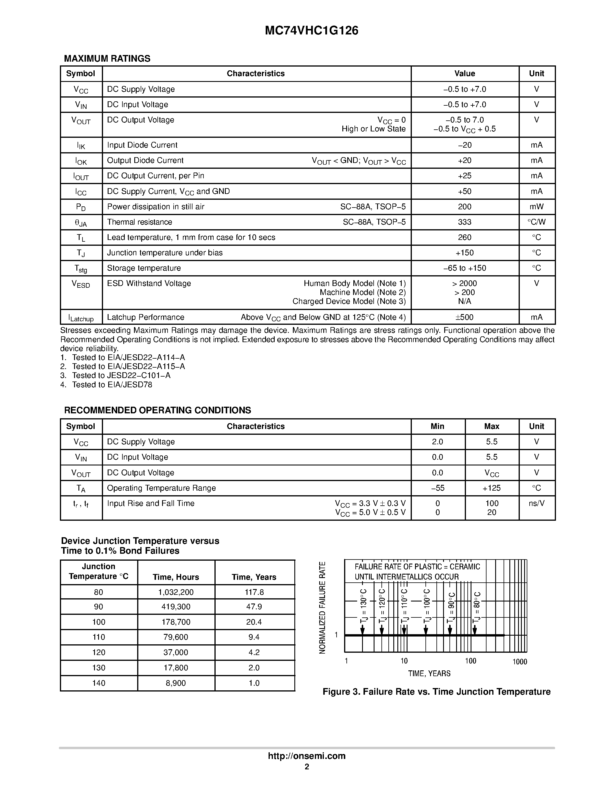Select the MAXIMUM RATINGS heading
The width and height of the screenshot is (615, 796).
[x=107, y=59]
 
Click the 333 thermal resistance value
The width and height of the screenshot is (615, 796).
[x=465, y=222]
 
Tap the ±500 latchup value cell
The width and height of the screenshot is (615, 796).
[x=465, y=317]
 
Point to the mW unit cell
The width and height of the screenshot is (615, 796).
[x=536, y=207]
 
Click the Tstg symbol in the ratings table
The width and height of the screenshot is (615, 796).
[x=81, y=269]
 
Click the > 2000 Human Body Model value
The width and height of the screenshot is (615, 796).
[x=465, y=283]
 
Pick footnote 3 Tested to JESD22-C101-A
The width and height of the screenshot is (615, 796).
[x=115, y=375]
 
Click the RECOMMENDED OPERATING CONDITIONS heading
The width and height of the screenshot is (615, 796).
[x=157, y=410]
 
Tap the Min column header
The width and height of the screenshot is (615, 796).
[x=437, y=426]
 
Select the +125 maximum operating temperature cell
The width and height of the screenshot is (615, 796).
[x=491, y=488]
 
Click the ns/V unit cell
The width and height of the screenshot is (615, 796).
[x=536, y=503]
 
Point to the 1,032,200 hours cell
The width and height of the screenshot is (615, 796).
[x=176, y=592]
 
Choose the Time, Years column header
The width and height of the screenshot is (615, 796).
[x=254, y=577]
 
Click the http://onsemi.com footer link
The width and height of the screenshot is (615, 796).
[x=307, y=756]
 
